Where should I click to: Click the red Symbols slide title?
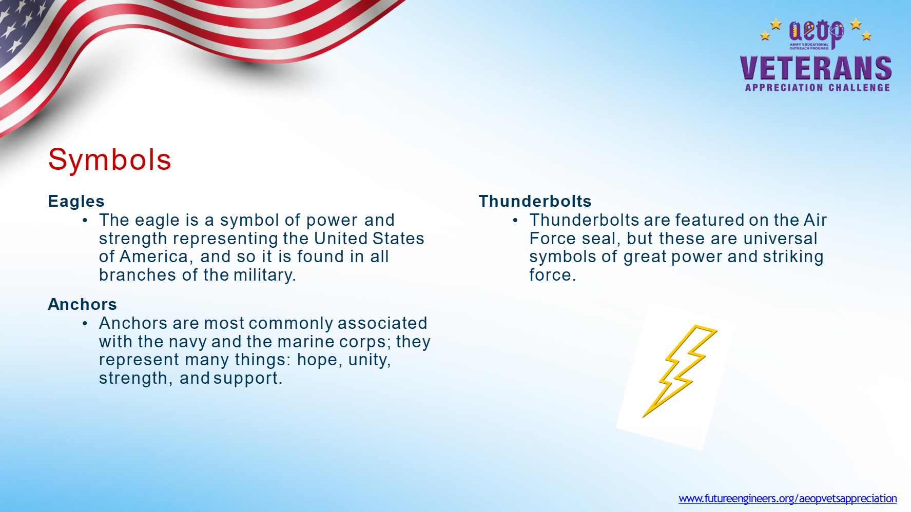point(109,160)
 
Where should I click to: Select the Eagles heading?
point(76,201)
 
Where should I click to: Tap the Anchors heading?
point(83,304)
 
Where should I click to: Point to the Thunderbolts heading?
point(535,201)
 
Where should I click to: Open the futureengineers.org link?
point(788,498)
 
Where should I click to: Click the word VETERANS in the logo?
point(816,68)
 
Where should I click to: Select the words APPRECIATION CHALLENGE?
point(818,88)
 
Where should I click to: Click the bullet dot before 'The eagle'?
point(85,221)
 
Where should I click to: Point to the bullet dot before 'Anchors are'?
point(85,324)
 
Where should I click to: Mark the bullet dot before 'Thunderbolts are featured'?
point(515,221)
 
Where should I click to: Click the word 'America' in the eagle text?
point(156,257)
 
